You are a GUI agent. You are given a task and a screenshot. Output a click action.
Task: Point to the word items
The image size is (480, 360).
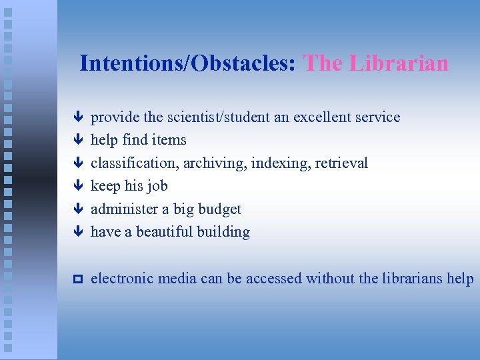click(x=170, y=140)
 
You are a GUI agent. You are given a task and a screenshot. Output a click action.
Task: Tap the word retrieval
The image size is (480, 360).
click(x=341, y=163)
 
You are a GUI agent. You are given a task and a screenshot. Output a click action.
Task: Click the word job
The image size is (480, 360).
click(x=158, y=186)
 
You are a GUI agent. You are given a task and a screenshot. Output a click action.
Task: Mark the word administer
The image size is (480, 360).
click(x=124, y=209)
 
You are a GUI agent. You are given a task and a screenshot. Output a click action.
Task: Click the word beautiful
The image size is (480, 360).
click(x=164, y=232)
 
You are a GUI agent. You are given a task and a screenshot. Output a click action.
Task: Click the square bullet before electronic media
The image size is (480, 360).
click(x=77, y=279)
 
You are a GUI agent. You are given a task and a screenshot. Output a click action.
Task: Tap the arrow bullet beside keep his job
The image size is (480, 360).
click(x=77, y=186)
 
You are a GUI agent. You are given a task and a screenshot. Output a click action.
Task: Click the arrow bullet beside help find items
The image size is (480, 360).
click(x=77, y=140)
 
